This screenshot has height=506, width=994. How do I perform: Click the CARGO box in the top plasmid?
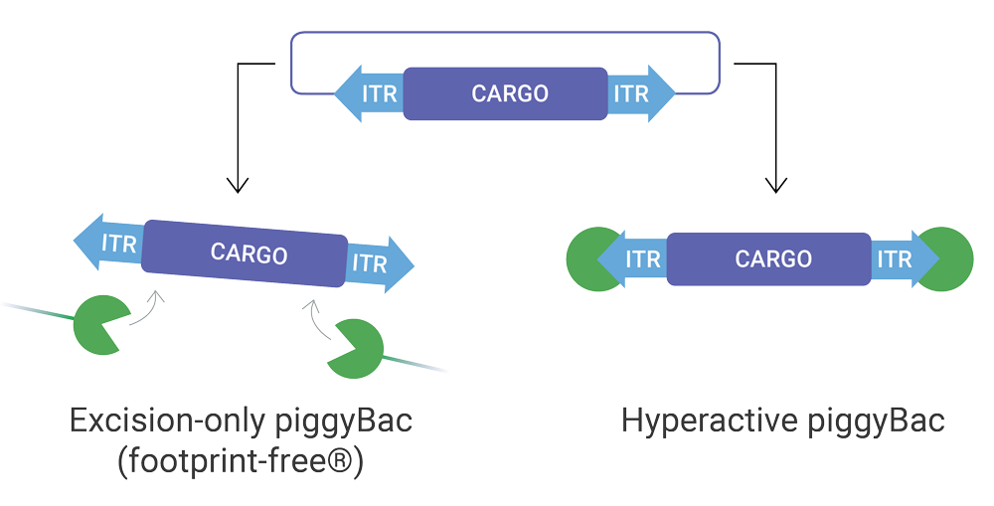505,94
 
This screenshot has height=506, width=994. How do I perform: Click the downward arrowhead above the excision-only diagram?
237,184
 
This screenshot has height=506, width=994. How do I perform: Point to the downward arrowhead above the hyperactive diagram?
775,184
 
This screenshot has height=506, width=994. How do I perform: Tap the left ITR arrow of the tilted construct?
111,242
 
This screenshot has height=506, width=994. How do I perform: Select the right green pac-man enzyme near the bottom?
353,349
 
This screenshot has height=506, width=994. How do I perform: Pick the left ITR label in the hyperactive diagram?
641,259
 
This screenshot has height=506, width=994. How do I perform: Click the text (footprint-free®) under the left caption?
242,462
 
